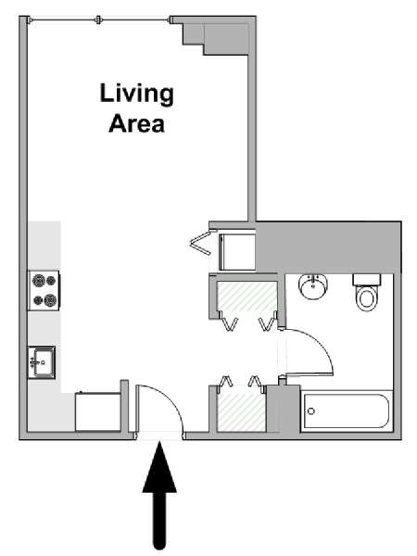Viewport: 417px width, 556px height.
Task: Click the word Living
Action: pyautogui.click(x=137, y=95)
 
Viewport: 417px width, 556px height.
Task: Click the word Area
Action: pyautogui.click(x=137, y=124)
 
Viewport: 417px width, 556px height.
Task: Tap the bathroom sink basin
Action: pyautogui.click(x=313, y=286)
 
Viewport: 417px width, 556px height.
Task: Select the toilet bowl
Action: pyautogui.click(x=367, y=297)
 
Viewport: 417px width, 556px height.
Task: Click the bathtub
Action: pyautogui.click(x=347, y=411)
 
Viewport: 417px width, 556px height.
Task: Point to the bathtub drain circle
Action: pyautogui.click(x=311, y=411)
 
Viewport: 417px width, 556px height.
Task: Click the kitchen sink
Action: pyautogui.click(x=42, y=362)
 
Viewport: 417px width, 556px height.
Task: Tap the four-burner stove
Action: pyautogui.click(x=44, y=291)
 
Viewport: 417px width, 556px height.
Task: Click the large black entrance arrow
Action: pyautogui.click(x=159, y=495)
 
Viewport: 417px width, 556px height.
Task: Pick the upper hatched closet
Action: pyautogui.click(x=246, y=297)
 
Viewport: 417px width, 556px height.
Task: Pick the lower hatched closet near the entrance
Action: pyautogui.click(x=242, y=411)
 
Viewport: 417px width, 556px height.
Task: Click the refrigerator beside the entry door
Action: pyautogui.click(x=98, y=411)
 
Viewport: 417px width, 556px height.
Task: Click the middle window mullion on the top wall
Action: pyautogui.click(x=98, y=20)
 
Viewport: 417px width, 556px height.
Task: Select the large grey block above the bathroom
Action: pyautogui.click(x=328, y=247)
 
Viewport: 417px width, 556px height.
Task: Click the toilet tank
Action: pyautogui.click(x=367, y=280)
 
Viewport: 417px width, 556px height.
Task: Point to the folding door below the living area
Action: pyautogui.click(x=201, y=243)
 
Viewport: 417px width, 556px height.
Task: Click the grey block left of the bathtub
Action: pyautogui.click(x=283, y=409)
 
